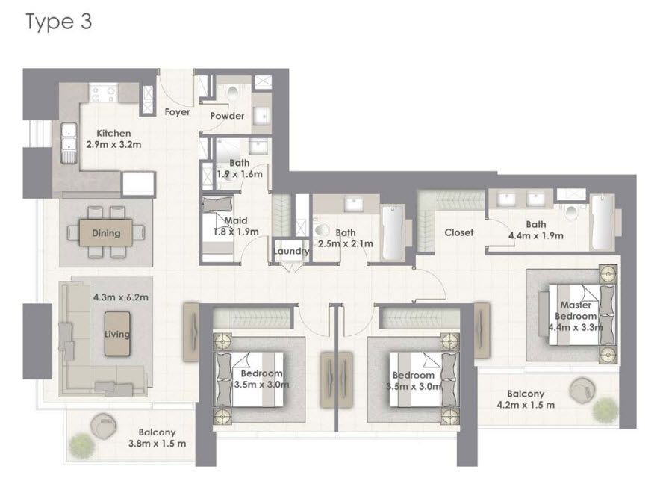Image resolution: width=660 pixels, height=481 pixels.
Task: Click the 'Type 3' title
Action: (59, 22)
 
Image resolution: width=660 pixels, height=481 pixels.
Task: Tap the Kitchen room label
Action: (113, 134)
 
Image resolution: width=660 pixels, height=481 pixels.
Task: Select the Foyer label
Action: (177, 112)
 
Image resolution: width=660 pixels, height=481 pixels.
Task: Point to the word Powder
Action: (227, 116)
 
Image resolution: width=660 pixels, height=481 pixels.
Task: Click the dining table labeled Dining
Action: (106, 233)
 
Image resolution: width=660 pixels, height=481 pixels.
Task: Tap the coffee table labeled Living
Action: (117, 334)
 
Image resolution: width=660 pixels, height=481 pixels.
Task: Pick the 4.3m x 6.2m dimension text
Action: (121, 297)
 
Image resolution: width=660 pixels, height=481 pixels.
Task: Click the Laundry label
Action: (290, 252)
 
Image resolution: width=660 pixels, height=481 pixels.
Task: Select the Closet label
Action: (458, 232)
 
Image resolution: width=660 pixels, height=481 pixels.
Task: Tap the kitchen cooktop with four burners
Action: (104, 93)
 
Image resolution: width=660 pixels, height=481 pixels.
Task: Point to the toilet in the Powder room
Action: (232, 93)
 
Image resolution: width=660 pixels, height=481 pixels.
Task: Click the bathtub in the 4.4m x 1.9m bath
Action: (601, 223)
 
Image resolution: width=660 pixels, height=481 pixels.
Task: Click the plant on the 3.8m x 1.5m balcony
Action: (81, 445)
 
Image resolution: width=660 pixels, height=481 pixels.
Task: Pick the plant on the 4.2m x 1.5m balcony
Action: (605, 409)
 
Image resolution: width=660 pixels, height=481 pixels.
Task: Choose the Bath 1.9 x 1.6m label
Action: (240, 168)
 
